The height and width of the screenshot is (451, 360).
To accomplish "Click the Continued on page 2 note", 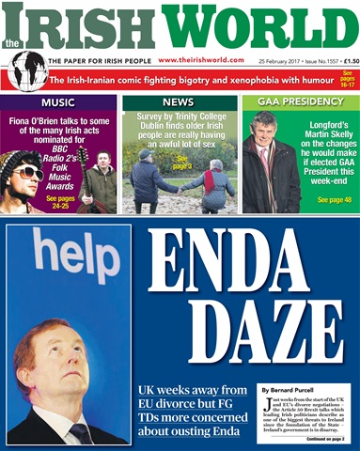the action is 326,438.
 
